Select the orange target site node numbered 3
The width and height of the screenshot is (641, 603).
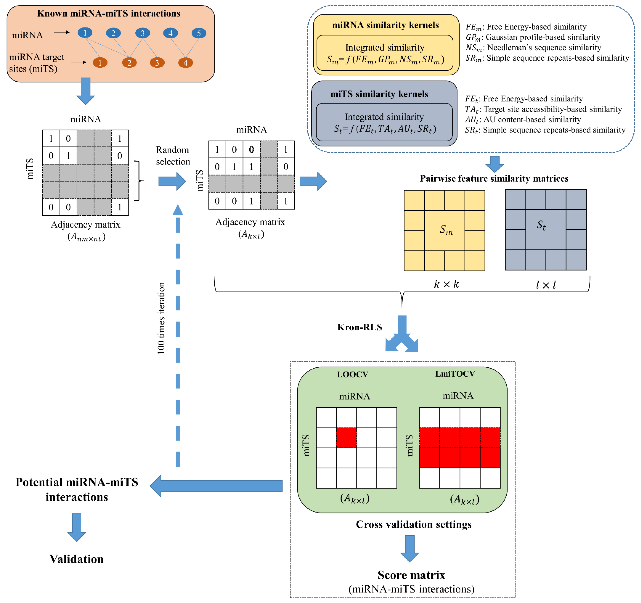click(157, 63)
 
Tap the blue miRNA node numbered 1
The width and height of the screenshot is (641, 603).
click(85, 33)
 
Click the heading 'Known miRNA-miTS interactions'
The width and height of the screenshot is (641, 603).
click(109, 13)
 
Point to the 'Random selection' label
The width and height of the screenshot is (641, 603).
click(173, 156)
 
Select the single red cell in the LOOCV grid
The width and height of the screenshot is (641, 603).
click(346, 437)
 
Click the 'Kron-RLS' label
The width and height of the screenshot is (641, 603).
click(360, 327)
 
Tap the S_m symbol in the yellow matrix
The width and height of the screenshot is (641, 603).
click(446, 230)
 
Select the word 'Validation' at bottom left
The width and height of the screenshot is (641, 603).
click(77, 559)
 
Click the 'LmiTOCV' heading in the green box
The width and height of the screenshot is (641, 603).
click(455, 373)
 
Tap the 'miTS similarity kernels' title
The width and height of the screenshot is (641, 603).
click(379, 94)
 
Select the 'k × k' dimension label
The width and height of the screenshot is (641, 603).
click(446, 284)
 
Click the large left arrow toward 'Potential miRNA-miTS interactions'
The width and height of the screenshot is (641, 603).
click(216, 486)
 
